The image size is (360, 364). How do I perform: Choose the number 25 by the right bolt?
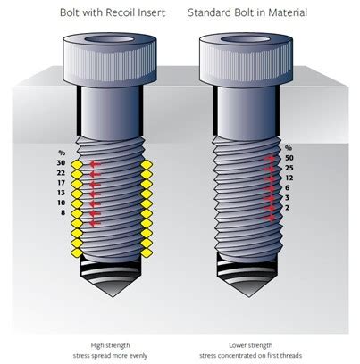289,168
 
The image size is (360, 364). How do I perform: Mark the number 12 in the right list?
289,178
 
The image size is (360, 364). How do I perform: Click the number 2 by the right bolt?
288,207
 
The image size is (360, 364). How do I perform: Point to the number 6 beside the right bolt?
288,187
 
